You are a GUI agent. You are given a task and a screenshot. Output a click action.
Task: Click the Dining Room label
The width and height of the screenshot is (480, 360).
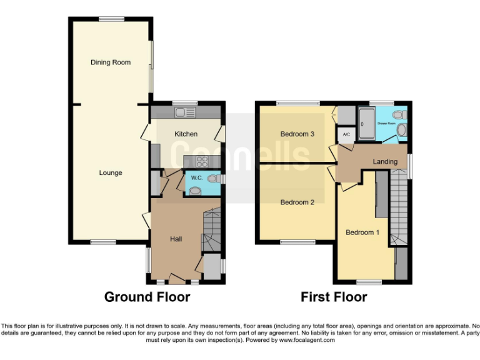(111, 62)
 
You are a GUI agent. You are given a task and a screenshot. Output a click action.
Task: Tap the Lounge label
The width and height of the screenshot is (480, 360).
(111, 172)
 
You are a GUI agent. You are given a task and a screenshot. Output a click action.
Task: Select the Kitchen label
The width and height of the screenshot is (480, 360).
(186, 134)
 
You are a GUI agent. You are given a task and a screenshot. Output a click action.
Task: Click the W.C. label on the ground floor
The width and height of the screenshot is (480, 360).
(196, 178)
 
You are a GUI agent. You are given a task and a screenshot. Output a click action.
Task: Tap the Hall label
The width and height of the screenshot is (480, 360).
(176, 239)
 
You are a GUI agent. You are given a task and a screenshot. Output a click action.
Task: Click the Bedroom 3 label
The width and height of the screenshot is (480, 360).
(297, 134)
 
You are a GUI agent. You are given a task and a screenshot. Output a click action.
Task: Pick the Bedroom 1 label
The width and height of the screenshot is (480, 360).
(362, 232)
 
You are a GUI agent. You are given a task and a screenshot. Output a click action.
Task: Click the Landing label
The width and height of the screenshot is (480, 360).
(385, 162)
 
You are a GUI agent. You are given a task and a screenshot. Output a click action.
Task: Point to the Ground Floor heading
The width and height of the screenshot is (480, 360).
(147, 297)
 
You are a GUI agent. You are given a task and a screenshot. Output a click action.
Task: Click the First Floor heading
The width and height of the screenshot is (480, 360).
(334, 297)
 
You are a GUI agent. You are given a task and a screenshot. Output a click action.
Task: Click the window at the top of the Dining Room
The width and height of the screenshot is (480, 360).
(111, 19)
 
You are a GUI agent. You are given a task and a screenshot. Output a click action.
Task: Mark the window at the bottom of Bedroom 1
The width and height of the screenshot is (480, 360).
(369, 282)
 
